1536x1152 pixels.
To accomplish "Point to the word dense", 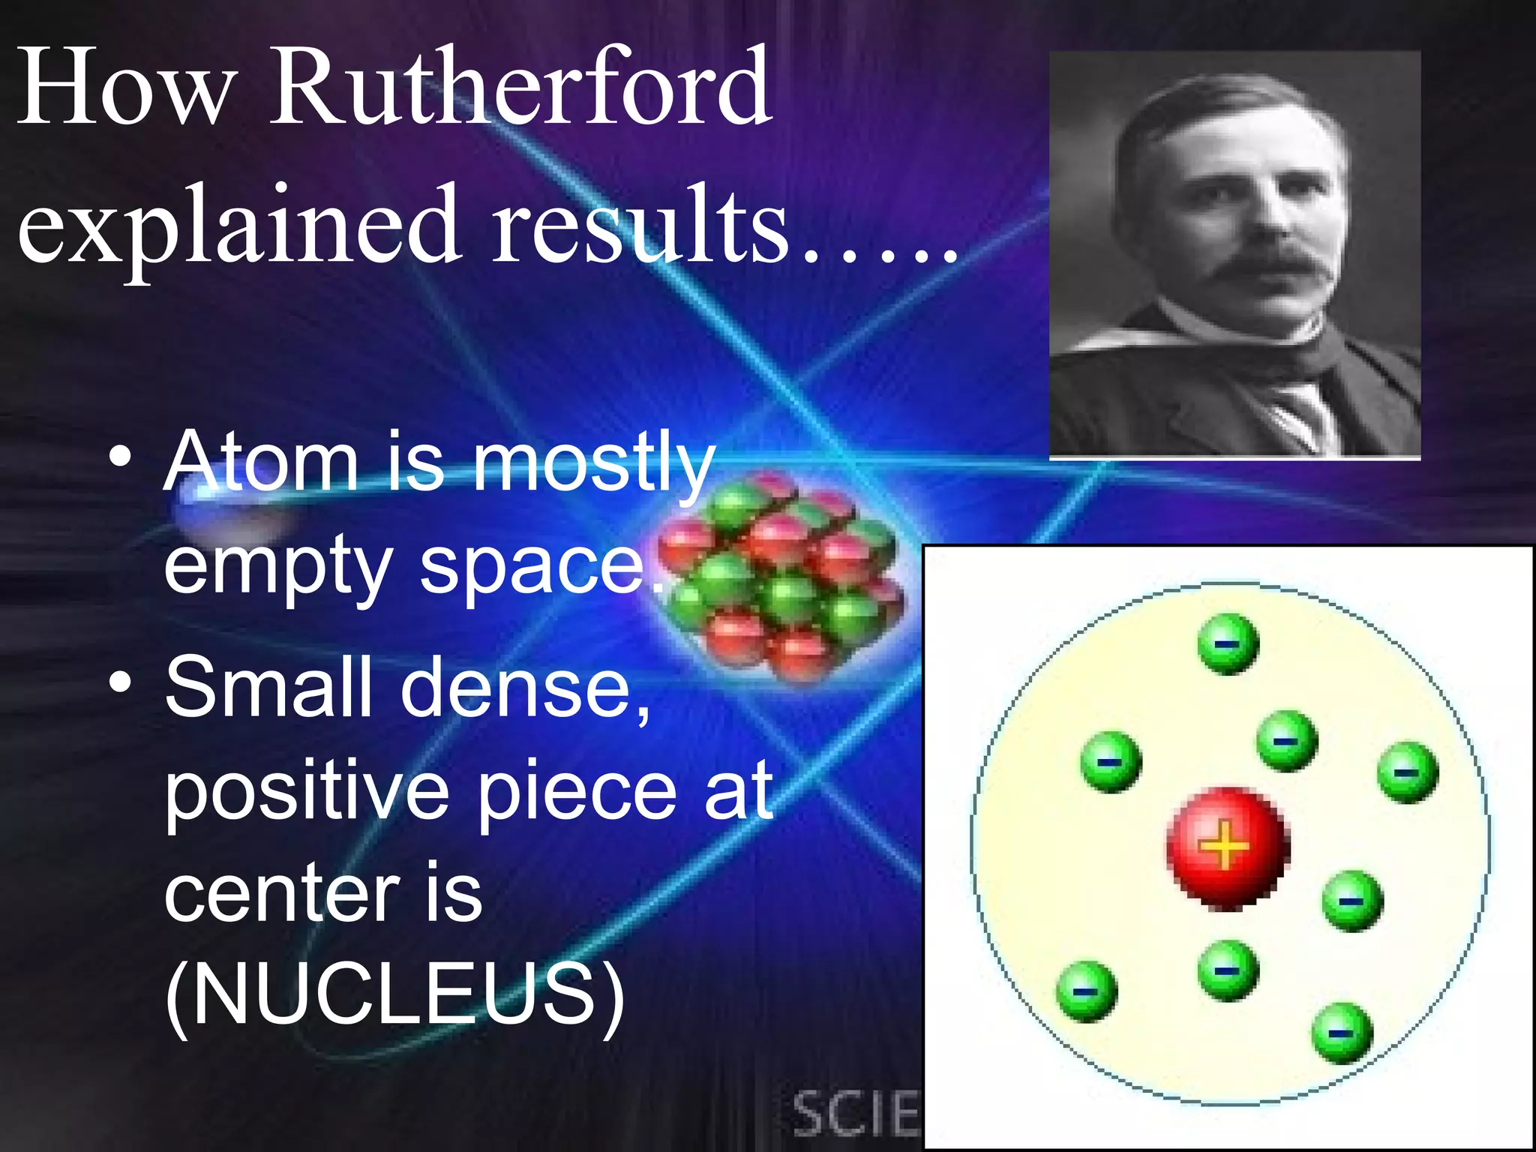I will pyautogui.click(x=517, y=687).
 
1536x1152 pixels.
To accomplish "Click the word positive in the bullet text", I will pyautogui.click(x=307, y=790).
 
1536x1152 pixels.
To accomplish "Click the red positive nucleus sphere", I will pyautogui.click(x=1227, y=847).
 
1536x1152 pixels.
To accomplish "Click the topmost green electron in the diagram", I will pyautogui.click(x=1228, y=643).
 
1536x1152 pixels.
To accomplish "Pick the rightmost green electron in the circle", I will pyautogui.click(x=1408, y=772).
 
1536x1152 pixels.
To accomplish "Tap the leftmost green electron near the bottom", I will pyautogui.click(x=1086, y=991).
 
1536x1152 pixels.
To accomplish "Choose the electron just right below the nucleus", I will pyautogui.click(x=1351, y=900).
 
